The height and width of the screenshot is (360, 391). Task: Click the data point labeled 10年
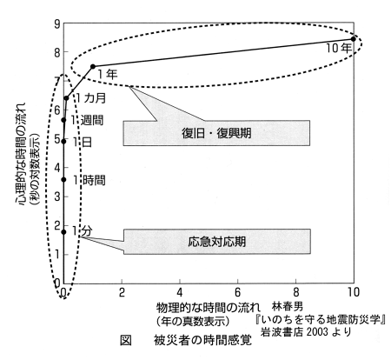coord(353,39)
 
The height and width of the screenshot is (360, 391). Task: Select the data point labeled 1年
coord(93,66)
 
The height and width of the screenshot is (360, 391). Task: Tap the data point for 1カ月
coord(66,98)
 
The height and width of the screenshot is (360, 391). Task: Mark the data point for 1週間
coord(64,120)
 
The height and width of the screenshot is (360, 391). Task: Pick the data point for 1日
coord(63,142)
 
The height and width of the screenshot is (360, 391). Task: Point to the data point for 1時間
coord(63,180)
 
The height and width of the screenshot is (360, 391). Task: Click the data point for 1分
coord(63,232)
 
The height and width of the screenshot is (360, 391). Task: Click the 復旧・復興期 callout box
coord(216,133)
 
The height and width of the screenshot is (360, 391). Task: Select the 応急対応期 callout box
coord(217,242)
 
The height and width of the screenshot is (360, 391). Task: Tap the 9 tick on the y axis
coord(57,24)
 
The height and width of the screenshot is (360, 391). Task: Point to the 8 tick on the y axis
coord(57,52)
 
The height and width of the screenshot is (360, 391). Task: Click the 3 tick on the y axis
coord(57,197)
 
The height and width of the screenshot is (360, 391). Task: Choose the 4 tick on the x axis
coord(180,292)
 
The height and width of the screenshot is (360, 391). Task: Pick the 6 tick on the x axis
coord(237,292)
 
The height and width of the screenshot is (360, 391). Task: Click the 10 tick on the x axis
coord(354,292)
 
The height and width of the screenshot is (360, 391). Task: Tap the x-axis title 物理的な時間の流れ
coord(209,308)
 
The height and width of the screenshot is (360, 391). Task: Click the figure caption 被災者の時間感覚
coord(203,341)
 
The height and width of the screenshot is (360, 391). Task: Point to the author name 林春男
coord(288,305)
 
